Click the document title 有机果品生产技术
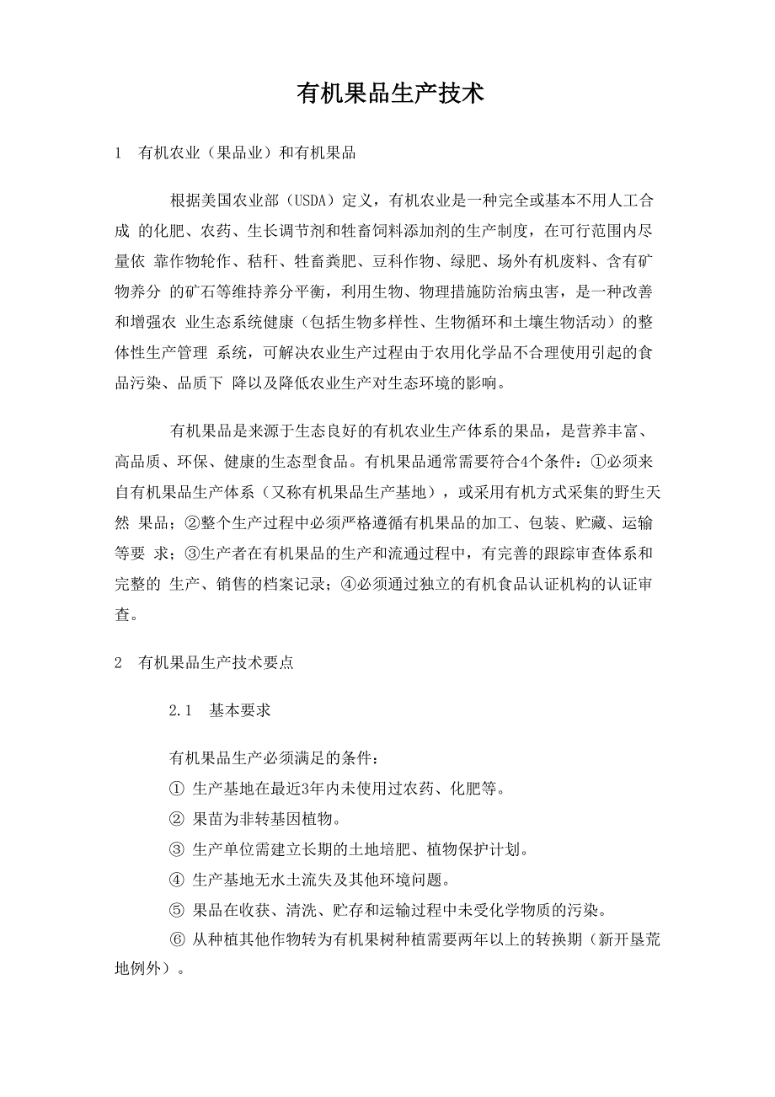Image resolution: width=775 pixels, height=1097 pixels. [x=390, y=93]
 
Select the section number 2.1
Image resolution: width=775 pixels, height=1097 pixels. [x=182, y=711]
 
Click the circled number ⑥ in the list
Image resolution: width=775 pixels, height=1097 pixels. [x=176, y=940]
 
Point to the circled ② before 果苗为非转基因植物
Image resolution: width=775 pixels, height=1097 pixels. [x=176, y=819]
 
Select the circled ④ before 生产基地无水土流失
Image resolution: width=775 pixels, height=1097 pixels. [x=176, y=880]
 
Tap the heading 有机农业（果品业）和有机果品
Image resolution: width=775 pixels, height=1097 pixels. [x=247, y=153]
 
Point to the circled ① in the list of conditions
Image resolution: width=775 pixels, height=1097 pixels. [x=176, y=789]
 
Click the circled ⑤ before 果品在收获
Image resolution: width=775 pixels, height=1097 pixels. [x=176, y=910]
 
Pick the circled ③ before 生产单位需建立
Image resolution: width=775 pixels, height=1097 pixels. [x=176, y=849]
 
